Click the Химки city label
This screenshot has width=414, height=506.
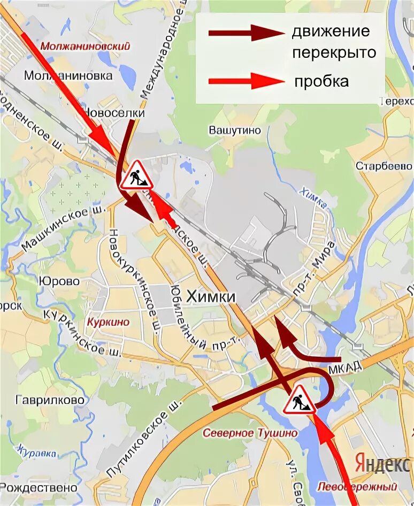[x=211, y=295]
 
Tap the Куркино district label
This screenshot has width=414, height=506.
[x=108, y=323]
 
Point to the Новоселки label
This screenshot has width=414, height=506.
[x=113, y=114]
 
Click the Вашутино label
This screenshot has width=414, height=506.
[x=234, y=130]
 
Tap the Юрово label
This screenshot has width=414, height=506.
[x=59, y=281]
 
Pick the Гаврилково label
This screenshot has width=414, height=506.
[x=50, y=400]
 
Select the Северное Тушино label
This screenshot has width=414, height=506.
[x=250, y=433]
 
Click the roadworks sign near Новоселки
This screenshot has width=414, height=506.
[x=136, y=176]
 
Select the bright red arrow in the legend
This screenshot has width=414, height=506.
[x=246, y=82]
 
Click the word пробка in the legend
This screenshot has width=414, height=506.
[x=321, y=82]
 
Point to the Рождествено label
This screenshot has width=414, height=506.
[x=39, y=488]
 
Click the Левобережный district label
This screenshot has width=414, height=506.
[x=357, y=487]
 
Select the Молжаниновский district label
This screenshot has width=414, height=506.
[x=85, y=46]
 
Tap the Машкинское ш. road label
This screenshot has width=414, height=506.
[x=55, y=227]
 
